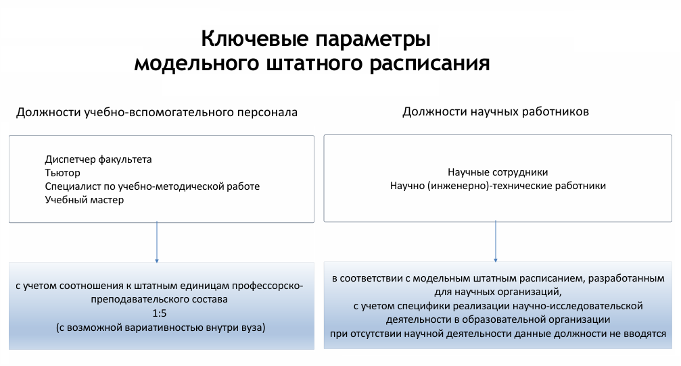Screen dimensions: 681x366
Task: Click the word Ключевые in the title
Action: (x=255, y=39)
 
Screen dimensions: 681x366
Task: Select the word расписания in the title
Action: (x=430, y=64)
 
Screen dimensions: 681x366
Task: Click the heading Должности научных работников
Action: (x=496, y=112)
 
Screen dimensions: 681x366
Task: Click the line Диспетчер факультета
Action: (x=98, y=159)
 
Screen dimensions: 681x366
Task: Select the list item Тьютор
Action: (x=62, y=173)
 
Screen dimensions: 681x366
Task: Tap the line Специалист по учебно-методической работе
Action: (x=152, y=186)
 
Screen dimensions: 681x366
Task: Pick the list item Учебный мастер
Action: (x=85, y=200)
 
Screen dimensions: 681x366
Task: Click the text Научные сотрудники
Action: (x=498, y=173)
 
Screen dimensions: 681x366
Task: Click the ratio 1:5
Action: (x=160, y=313)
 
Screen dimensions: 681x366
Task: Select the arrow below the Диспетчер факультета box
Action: (x=157, y=242)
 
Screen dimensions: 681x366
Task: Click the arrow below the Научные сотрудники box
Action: (x=496, y=242)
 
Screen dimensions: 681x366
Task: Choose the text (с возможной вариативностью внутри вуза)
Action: (x=161, y=328)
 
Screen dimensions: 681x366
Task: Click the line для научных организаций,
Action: (x=498, y=292)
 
